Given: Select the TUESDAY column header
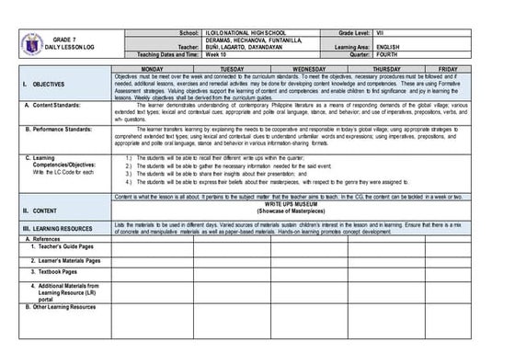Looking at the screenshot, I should point(232,69).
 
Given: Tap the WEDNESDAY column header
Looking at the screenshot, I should point(309,69).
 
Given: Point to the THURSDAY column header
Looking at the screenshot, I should point(387,69).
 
